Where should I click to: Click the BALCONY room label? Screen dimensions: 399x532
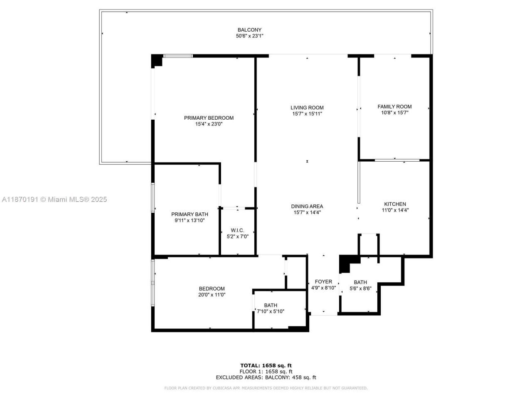[x=249, y=30]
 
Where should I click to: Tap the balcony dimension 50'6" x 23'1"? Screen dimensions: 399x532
[x=249, y=36]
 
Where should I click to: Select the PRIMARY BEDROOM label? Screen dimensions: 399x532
[x=209, y=118]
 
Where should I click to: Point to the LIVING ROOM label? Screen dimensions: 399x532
[x=307, y=108]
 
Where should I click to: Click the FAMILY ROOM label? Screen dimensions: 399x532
[x=394, y=106]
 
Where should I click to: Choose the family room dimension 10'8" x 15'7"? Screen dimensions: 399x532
[x=394, y=113]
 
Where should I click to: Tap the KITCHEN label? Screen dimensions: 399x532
[x=395, y=204]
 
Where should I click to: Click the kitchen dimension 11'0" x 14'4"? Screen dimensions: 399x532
[x=395, y=210]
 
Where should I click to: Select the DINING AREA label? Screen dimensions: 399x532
[x=307, y=206]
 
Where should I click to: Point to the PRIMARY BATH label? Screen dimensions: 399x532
[x=190, y=214]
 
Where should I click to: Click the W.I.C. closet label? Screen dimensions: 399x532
[x=237, y=230]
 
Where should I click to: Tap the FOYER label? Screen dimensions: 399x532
[x=323, y=281]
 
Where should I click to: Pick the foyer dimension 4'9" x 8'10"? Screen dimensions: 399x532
[x=323, y=288]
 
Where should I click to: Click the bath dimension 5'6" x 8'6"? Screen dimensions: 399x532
[x=360, y=288]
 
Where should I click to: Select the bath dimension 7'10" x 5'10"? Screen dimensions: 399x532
[x=271, y=311]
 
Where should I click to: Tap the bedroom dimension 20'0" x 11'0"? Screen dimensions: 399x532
[x=212, y=295]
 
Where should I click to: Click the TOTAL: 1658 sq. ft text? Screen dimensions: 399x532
[x=266, y=366]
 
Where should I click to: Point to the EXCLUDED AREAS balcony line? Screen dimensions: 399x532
[x=266, y=377]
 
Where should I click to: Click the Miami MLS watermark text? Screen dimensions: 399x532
[x=54, y=199]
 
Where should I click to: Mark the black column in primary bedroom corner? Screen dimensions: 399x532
[x=156, y=60]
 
